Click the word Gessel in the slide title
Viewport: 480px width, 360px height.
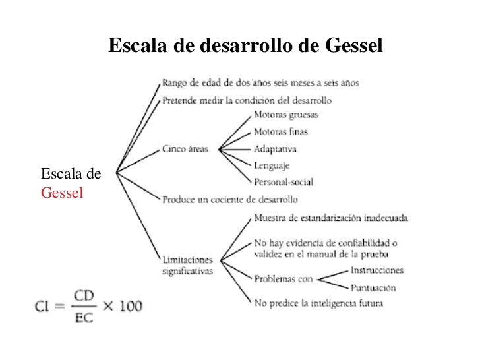[x=353, y=45]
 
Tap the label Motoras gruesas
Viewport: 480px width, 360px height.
[x=285, y=115]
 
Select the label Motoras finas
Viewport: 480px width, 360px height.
[x=281, y=132]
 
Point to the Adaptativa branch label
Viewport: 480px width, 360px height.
[x=276, y=149]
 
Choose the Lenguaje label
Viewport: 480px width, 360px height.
[x=272, y=165]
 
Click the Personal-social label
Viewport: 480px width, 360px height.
[x=284, y=181]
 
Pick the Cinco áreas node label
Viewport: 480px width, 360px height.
[x=185, y=149]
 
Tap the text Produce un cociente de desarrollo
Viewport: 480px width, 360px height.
[x=230, y=198]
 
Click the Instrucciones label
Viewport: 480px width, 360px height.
[x=377, y=270]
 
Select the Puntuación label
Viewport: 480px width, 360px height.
[x=373, y=287]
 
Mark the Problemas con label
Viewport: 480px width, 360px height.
[x=284, y=279]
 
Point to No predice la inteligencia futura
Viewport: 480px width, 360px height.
[x=318, y=303]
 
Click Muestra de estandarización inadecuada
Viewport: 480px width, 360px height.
[x=330, y=218]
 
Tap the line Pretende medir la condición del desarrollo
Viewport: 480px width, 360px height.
[x=247, y=101]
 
